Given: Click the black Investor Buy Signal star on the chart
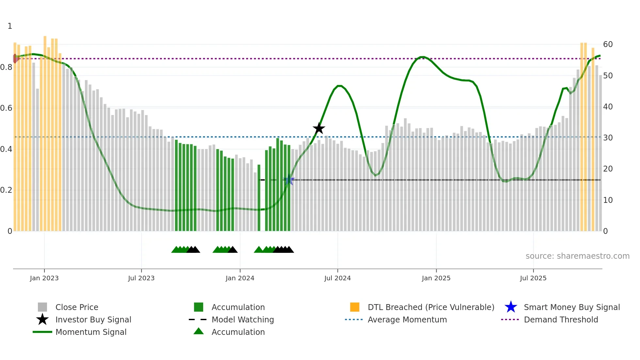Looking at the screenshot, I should coord(319,128).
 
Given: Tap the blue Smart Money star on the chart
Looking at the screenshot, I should coord(289,180).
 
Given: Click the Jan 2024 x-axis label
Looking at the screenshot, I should coord(240,278).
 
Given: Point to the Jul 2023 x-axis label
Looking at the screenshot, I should coord(141,278).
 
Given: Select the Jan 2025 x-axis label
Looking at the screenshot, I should coord(436,278).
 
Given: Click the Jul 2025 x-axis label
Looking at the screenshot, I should coord(533,278).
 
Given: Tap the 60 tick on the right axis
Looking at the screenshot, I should coord(608,44).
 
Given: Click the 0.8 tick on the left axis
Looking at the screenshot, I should coord(6,67).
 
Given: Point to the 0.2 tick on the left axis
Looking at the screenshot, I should coord(6,190).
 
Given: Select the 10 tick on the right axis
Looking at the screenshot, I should coord(608,200).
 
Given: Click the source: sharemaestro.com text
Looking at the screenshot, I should coord(577,256).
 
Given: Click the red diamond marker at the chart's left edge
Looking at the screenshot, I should coord(15,58).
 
